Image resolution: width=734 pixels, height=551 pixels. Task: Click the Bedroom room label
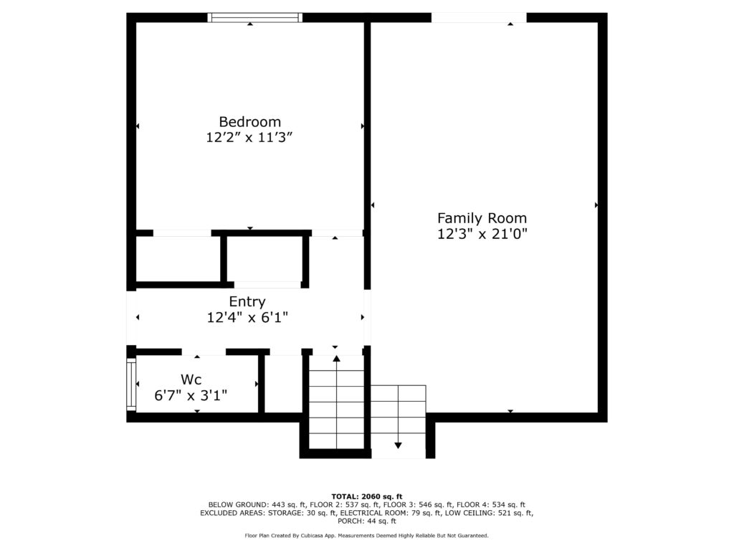pos(250,122)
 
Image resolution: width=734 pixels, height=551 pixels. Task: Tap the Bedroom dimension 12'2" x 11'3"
pos(249,137)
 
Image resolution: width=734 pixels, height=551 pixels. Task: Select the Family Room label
pos(482,218)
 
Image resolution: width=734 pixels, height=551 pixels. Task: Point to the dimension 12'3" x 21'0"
pos(482,233)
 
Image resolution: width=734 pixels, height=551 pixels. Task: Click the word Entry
pos(247,302)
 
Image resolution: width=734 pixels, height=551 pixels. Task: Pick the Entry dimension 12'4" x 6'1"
pos(247,318)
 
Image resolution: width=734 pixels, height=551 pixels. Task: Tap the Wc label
pos(191,379)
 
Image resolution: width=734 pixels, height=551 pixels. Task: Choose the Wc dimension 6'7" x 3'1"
pos(191,395)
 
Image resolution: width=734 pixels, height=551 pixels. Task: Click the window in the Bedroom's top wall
pos(255,18)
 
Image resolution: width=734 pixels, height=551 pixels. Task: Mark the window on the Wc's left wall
pos(131,385)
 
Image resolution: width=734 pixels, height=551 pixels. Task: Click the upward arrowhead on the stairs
pos(337,359)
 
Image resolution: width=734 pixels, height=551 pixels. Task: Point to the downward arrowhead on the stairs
pos(398,445)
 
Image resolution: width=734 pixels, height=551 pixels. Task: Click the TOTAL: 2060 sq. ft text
pos(367,496)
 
